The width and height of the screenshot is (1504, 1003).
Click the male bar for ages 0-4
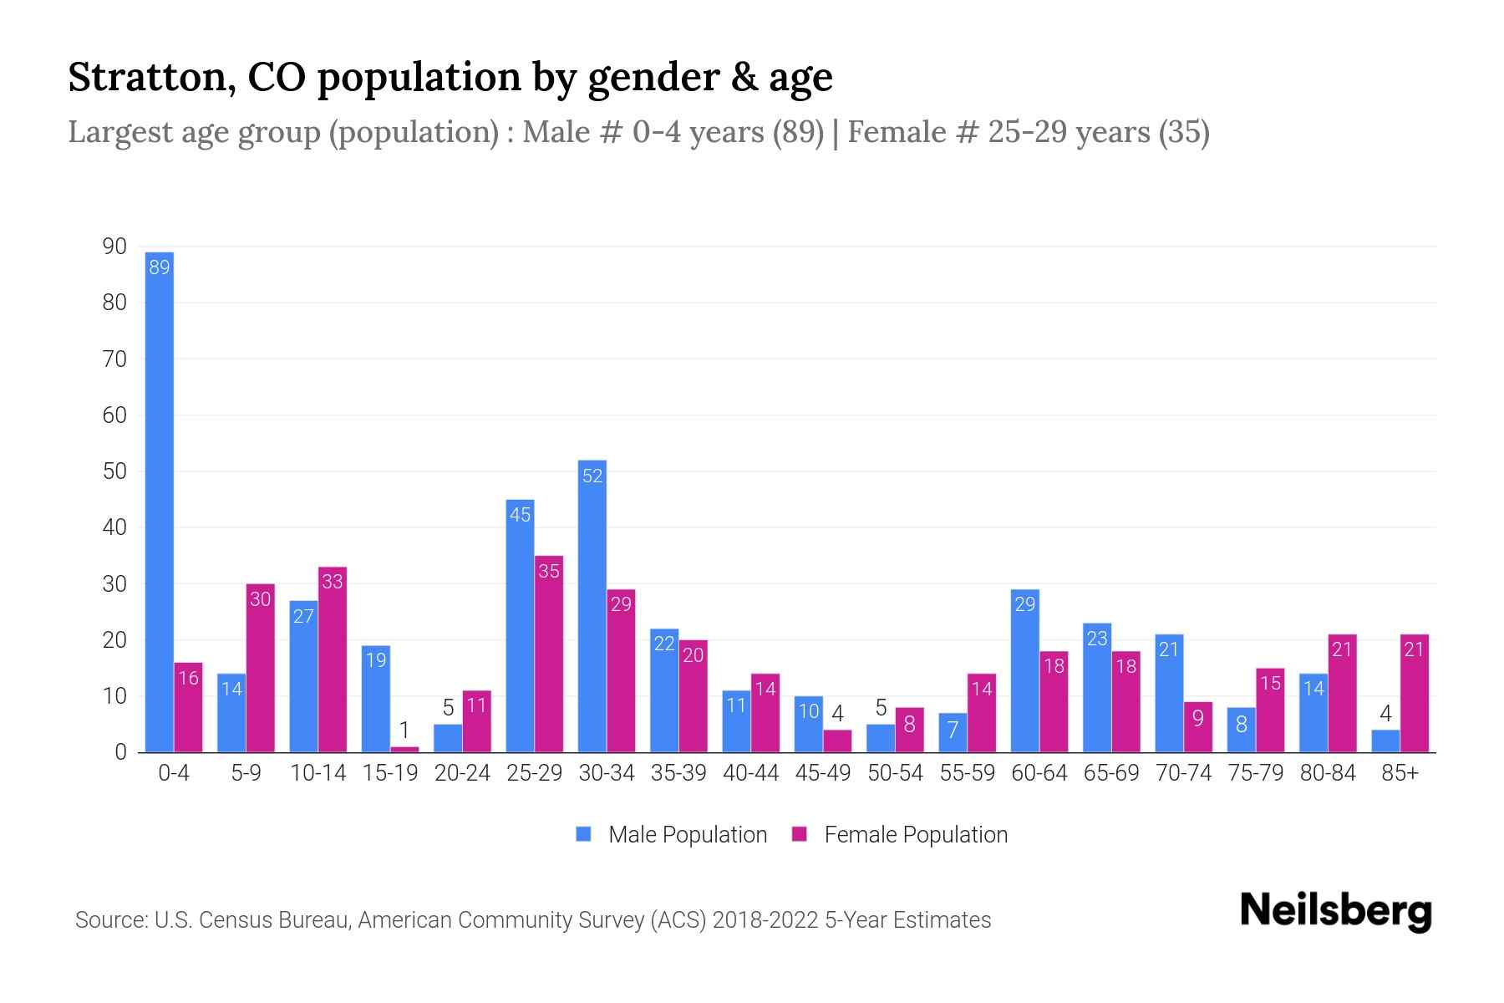160,501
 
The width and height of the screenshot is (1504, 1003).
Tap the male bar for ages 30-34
592,606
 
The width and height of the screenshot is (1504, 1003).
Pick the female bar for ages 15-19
404,749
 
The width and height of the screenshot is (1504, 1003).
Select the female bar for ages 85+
1415,694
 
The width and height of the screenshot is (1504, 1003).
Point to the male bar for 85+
1385,741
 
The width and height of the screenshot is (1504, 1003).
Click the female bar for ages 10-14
333,660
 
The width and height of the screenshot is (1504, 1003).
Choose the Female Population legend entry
900,835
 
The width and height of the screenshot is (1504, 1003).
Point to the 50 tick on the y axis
114,471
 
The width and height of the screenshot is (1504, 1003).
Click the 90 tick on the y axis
114,247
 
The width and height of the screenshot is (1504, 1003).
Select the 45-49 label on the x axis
823,773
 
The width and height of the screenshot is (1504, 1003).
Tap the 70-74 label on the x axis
1183,773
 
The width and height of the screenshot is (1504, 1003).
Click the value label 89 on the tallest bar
160,267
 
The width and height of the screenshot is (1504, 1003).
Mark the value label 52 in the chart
592,476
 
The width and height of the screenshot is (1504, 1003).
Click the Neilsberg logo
1335,911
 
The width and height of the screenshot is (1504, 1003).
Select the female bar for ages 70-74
1198,727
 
